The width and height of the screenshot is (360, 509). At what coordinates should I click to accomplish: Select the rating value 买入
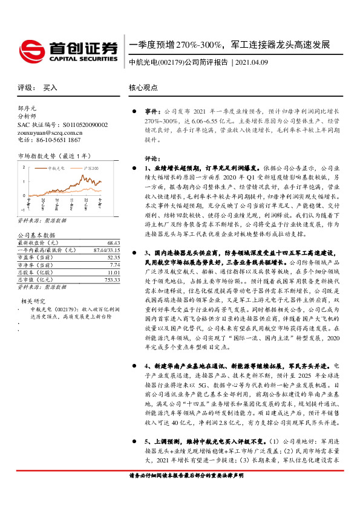pos(50,88)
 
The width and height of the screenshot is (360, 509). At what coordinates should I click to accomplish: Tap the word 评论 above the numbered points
pos(151,158)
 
